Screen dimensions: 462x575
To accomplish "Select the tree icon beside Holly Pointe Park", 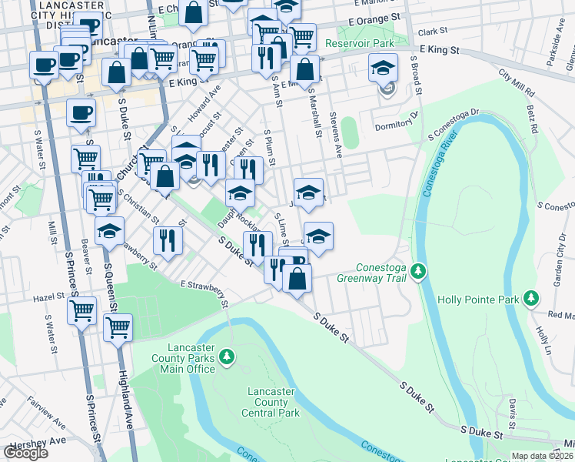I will [x=530, y=298].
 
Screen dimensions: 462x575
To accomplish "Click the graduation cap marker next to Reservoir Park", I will [x=383, y=69].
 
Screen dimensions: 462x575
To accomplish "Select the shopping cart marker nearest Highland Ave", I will [x=118, y=326].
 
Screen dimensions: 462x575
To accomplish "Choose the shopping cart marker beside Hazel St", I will [x=81, y=310].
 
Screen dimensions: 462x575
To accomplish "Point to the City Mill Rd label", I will [x=515, y=79].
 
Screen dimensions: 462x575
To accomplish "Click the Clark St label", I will [x=434, y=32].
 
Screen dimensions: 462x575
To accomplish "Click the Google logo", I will [x=25, y=452].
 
